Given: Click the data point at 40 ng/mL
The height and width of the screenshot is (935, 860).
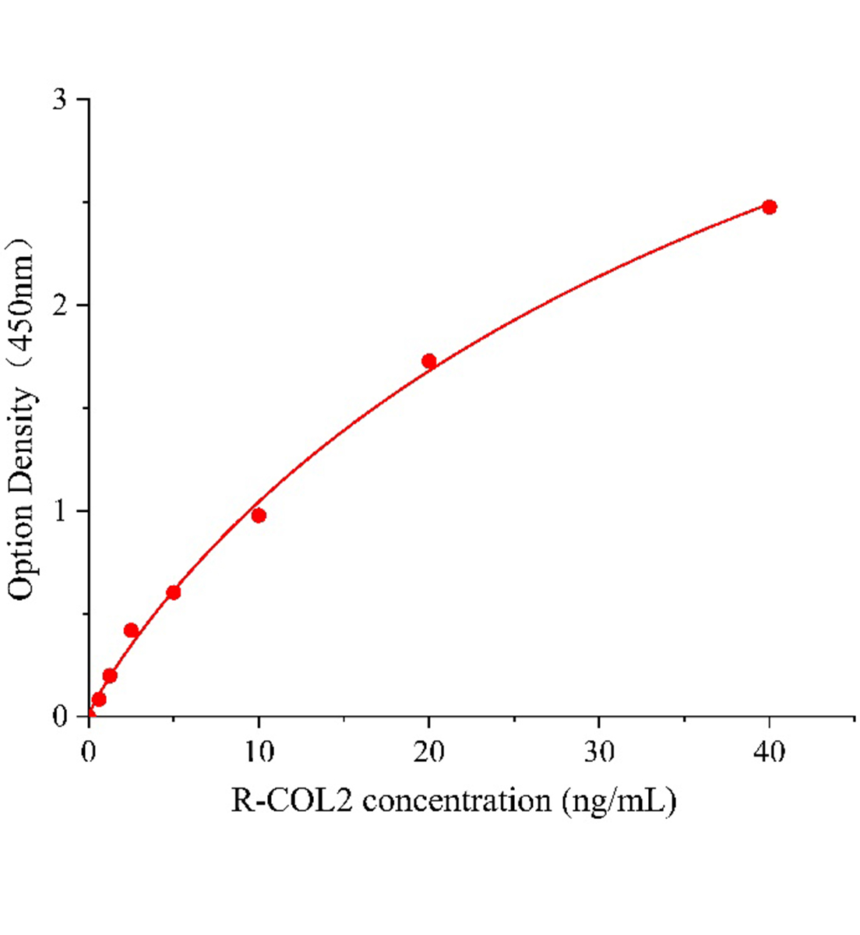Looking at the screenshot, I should [769, 206].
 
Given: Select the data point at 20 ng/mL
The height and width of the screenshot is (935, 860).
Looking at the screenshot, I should [428, 361].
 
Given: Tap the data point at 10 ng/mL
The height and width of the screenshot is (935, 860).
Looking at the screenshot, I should [259, 515].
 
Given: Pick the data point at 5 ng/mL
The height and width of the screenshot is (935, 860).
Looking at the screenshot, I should [173, 592].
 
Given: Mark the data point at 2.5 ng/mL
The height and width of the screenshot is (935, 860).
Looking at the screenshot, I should [131, 630].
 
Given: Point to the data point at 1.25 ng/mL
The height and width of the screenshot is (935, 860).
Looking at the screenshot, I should [110, 676].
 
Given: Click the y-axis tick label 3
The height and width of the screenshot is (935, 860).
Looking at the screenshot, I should [61, 100].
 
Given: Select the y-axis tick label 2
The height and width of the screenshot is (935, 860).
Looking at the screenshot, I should [61, 305].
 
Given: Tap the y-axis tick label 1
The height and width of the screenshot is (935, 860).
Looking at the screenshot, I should [61, 511].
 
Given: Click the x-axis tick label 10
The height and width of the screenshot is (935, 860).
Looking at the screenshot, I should [259, 752].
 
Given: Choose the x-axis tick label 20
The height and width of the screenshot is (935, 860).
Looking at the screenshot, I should [428, 752].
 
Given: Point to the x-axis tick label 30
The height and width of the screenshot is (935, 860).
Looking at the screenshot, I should [599, 752].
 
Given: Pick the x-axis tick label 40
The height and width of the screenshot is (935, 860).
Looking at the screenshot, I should [770, 752].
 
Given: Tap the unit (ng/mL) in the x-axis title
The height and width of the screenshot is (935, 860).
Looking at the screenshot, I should [620, 801].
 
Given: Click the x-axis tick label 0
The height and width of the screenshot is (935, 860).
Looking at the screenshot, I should [89, 752].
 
